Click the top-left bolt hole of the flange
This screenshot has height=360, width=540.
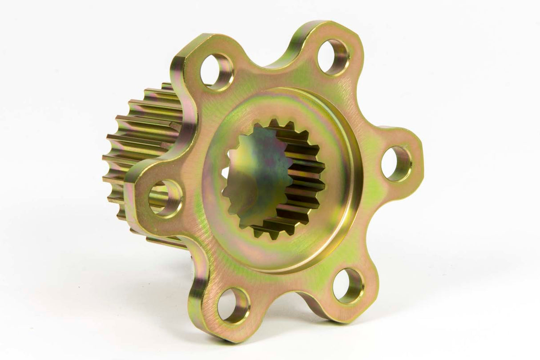[x=217, y=72]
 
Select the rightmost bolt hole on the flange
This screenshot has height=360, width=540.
[x=396, y=164]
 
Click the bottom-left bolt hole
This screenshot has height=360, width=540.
[x=234, y=305]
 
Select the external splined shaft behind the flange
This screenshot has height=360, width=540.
[x=142, y=133]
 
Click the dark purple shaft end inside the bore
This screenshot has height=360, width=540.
[x=256, y=174]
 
